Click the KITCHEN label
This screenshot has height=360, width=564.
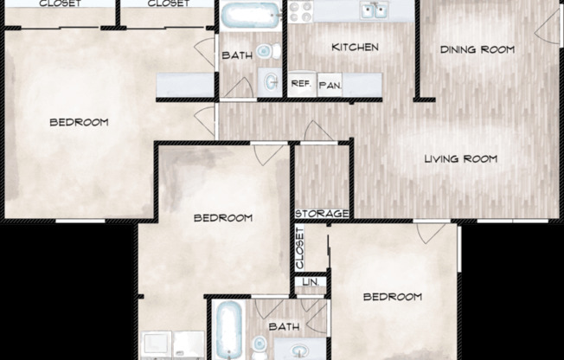coord(355,47)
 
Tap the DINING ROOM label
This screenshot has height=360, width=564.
coord(477,49)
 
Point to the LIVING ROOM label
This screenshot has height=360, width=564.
coord(460,158)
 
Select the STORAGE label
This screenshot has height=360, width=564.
coord(322,214)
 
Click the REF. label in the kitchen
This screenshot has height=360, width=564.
coord(300,84)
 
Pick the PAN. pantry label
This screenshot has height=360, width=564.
coord(329,85)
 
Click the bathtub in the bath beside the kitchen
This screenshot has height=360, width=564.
coord(249,15)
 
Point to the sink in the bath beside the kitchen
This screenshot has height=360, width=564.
coord(270,82)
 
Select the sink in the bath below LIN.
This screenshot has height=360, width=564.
coord(300,350)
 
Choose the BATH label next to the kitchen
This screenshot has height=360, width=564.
coord(236,55)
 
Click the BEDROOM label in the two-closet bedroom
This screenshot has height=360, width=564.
coord(79,122)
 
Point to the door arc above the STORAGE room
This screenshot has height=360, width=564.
coord(317,132)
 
